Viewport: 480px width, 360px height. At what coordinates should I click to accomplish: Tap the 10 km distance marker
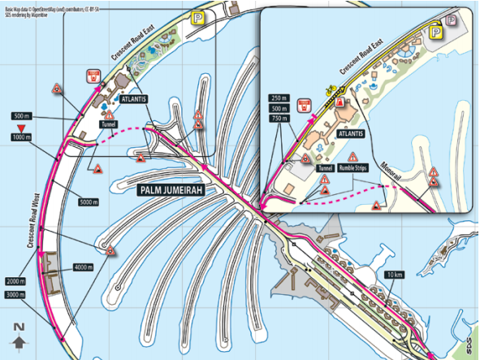point(395,274)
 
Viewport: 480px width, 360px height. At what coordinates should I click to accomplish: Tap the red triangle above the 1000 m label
point(21,128)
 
